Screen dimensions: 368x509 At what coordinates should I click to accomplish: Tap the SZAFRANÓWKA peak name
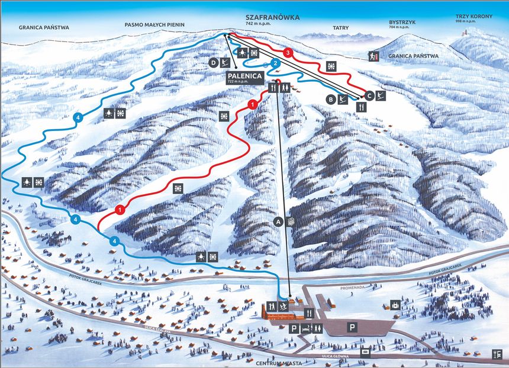pos(272,18)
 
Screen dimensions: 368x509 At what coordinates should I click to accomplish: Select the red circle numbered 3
pos(288,52)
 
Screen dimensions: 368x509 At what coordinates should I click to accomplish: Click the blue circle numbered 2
pos(275,63)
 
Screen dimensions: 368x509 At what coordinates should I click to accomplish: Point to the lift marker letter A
pos(278,221)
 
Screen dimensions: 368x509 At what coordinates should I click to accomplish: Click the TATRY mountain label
pos(340,28)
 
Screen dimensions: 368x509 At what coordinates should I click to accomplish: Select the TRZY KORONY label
pos(474,17)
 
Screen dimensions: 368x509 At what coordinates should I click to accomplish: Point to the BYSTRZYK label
pos(400,23)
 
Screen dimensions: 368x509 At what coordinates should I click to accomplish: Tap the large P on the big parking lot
pos(352,327)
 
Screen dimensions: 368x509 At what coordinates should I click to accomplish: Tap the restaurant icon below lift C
pos(362,107)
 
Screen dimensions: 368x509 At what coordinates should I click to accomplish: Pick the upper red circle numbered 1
pos(253,105)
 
